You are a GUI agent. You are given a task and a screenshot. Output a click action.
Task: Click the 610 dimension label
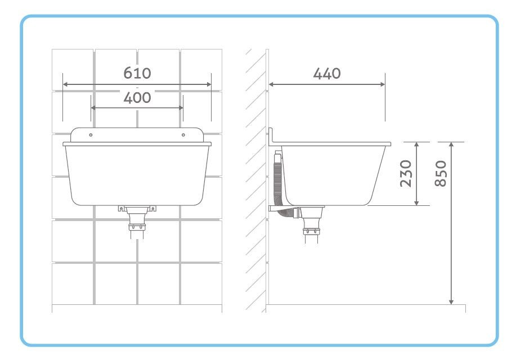[x=137, y=73]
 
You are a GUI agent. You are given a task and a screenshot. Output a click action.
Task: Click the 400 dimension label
[x=137, y=98]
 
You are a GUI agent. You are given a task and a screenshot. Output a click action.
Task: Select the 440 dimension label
[x=327, y=74]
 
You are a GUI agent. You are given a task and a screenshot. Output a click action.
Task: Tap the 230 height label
[x=406, y=174]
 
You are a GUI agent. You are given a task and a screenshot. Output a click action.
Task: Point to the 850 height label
[x=441, y=174]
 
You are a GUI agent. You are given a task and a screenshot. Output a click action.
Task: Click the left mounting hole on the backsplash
[x=91, y=135]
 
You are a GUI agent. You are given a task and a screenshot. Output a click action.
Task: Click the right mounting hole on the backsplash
[x=183, y=135]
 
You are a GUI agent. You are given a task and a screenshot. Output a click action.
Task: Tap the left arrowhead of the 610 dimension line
[x=65, y=84]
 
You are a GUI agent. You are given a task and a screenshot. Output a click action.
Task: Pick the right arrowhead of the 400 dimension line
[x=181, y=107]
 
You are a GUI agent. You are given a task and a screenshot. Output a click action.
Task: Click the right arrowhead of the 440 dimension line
[x=383, y=84]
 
